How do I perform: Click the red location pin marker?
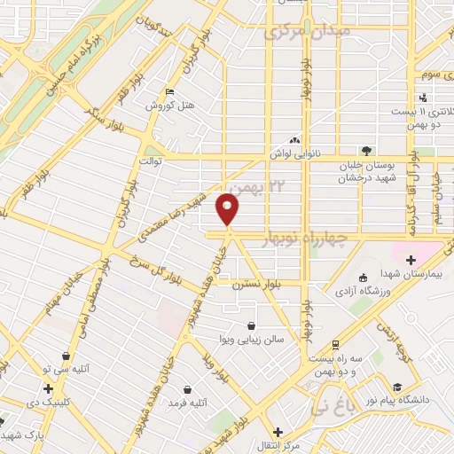coord(228,208)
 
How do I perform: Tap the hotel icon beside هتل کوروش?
coord(170,92)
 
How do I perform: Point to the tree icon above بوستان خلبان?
coord(364,151)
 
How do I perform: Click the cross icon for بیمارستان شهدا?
coord(410,260)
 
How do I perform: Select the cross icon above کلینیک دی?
coord(48,388)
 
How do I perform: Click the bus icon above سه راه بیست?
coord(334,344)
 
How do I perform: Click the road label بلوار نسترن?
coord(250,286)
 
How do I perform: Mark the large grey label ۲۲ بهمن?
coord(267,187)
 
